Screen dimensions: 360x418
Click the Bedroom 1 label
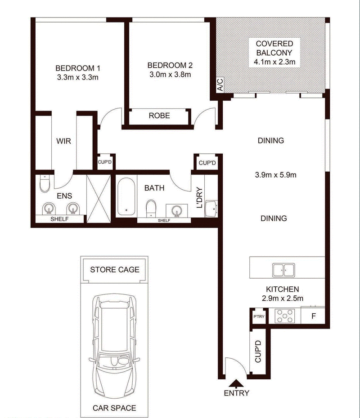(x=78, y=68)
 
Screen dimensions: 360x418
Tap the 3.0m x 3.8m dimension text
(x=170, y=74)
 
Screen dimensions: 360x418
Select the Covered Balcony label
(x=274, y=48)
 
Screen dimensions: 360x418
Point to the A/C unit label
(x=220, y=85)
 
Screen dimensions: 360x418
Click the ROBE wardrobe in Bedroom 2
(x=159, y=116)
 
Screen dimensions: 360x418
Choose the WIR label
(x=64, y=141)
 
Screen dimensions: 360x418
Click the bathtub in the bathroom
(x=126, y=197)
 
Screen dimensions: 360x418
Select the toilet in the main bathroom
(x=151, y=208)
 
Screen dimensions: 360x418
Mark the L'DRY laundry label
(x=199, y=198)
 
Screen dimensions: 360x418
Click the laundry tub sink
(x=211, y=209)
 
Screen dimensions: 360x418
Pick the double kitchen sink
(x=283, y=270)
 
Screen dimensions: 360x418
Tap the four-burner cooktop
(x=285, y=316)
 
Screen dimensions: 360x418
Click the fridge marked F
(x=313, y=316)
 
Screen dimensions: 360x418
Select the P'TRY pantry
(x=259, y=316)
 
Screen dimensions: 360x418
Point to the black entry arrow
(x=236, y=383)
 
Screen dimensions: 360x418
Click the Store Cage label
(x=115, y=270)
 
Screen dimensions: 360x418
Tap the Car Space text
(x=114, y=408)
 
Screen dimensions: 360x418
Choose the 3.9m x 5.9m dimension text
(x=276, y=175)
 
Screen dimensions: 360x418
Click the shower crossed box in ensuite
(x=99, y=199)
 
